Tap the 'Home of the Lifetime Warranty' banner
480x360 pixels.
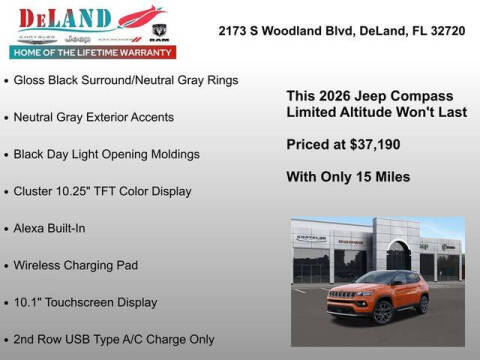[92, 51]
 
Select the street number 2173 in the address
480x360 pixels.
[235, 31]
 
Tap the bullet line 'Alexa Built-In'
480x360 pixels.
[49, 228]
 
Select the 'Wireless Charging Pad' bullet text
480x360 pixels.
[75, 265]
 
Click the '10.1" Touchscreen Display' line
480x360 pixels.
[85, 302]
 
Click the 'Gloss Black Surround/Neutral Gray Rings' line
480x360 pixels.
[126, 80]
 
